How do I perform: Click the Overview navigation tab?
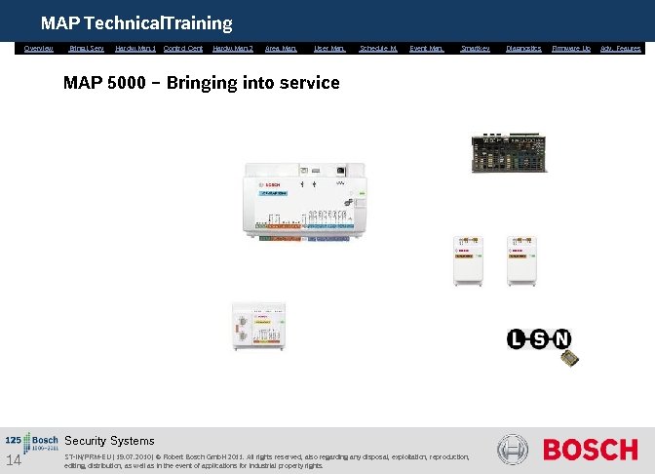pos(38,48)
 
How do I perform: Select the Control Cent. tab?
pos(183,48)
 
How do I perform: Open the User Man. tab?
pos(329,48)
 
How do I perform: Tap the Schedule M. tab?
pos(378,48)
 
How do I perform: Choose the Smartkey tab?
pos(475,48)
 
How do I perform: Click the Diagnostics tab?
pos(523,48)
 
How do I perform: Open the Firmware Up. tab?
pos(571,48)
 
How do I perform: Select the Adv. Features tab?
pos(621,48)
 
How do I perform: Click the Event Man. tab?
pos(426,48)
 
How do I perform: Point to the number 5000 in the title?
pos(130,83)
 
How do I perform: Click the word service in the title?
pos(309,83)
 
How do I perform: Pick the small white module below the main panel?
pos(255,328)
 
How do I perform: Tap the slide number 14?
pos(14,460)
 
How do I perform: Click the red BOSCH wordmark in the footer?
pos(590,450)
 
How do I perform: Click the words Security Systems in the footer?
pos(109,441)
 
